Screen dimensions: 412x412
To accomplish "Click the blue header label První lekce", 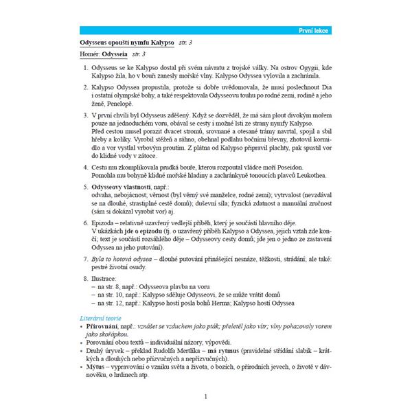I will click(x=315, y=32).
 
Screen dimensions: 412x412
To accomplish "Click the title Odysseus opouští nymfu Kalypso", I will click(x=123, y=43).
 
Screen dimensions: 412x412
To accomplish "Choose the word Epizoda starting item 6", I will click(x=105, y=224).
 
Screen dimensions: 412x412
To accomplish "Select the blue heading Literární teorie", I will click(x=101, y=318).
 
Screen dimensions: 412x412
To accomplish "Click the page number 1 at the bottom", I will click(x=205, y=396).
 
